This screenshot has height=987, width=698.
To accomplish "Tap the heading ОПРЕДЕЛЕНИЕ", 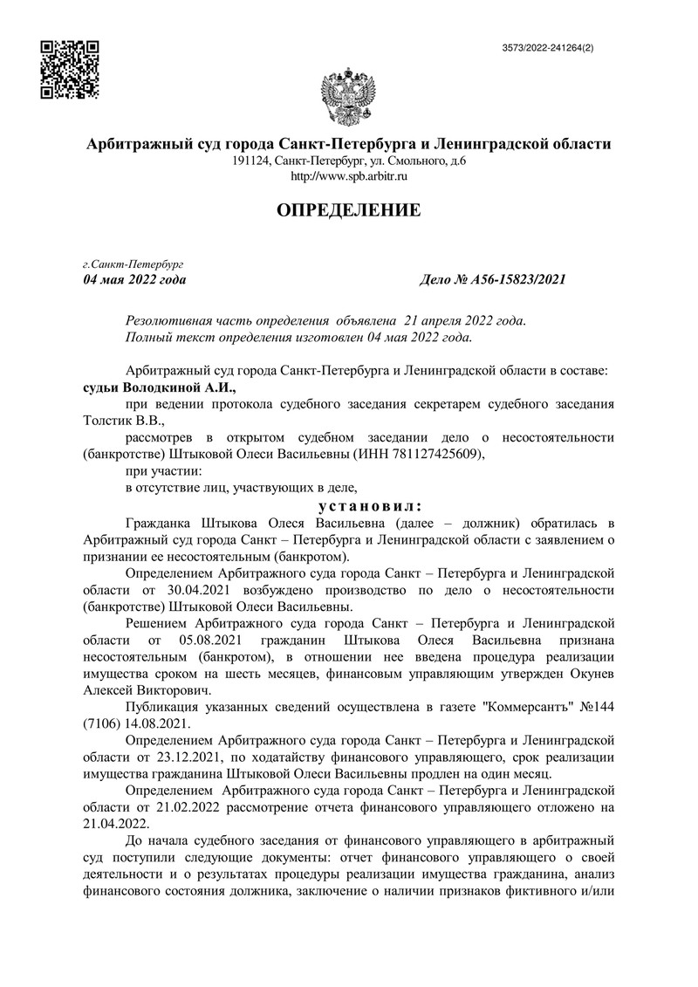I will click(x=348, y=209).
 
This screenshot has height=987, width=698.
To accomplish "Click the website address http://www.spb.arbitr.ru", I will click(x=348, y=176).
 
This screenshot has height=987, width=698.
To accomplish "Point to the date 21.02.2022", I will click(x=195, y=805).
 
